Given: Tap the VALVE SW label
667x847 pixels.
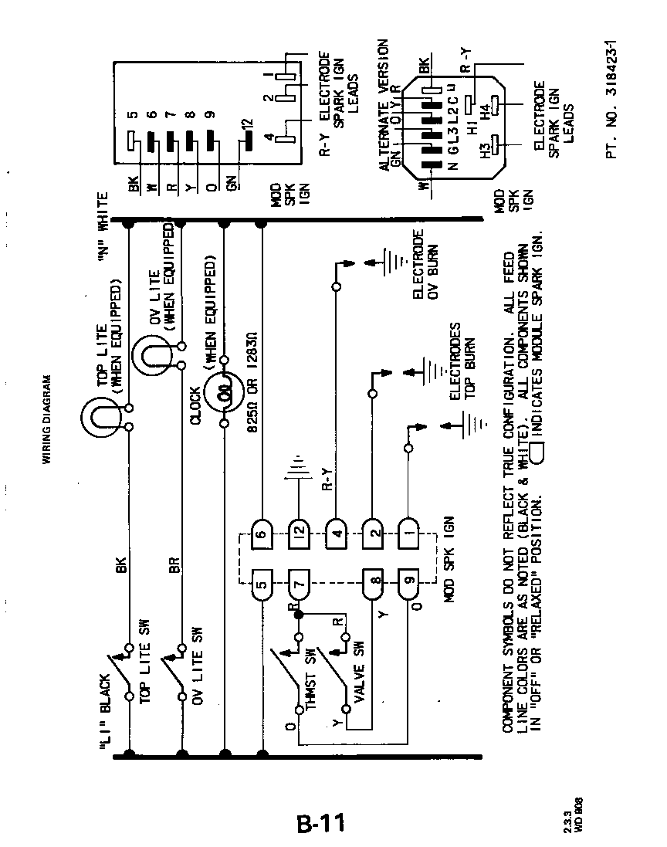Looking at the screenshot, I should click(357, 671).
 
